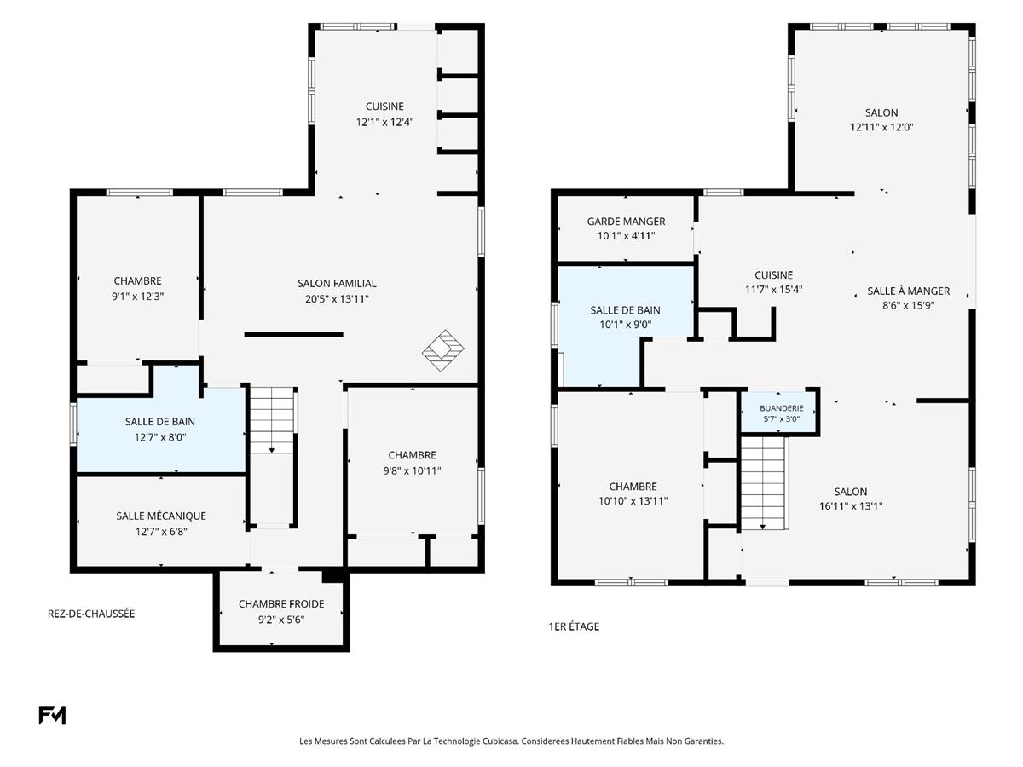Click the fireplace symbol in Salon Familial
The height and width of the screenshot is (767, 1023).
(442, 350)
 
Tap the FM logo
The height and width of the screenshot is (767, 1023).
(52, 715)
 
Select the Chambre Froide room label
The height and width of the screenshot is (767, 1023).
(281, 604)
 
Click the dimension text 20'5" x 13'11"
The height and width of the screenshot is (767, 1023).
(337, 299)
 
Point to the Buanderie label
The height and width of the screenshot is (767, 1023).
(782, 408)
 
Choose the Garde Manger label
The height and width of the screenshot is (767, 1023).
(626, 222)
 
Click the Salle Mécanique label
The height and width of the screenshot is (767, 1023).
(161, 516)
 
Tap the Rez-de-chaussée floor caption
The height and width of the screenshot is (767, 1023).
(91, 614)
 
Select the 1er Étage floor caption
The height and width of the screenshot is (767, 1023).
(574, 626)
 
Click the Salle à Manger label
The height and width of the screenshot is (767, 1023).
(908, 291)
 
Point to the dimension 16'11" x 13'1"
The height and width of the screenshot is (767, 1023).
(851, 505)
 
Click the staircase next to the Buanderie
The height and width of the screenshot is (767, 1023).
(763, 483)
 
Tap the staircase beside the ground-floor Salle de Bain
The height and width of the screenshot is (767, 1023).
(272, 420)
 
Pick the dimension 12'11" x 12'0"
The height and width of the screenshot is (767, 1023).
(881, 127)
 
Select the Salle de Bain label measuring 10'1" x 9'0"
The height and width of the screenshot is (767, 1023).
(625, 310)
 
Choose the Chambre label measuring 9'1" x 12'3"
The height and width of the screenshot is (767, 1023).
(137, 281)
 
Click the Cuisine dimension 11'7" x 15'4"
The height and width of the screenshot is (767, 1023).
(774, 289)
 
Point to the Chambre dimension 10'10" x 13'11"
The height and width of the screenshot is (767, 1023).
(633, 500)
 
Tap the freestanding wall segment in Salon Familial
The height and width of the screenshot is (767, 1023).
(293, 334)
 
